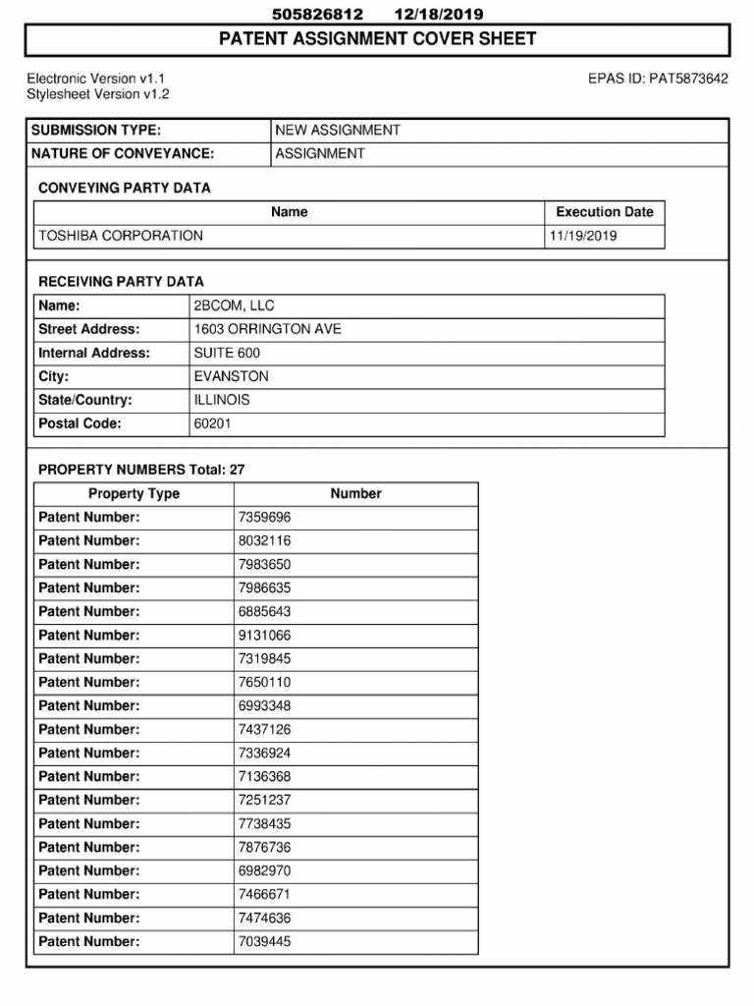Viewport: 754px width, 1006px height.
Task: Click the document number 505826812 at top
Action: pos(317,14)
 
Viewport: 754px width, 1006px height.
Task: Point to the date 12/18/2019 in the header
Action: pos(438,14)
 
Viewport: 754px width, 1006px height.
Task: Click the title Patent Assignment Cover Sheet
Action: pos(377,39)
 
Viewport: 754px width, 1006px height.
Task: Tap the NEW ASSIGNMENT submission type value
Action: pos(338,131)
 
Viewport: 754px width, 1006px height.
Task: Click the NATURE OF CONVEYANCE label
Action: pos(123,154)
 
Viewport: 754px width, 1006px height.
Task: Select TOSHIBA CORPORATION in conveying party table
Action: pos(121,236)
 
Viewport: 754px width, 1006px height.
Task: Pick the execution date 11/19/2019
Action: pos(583,236)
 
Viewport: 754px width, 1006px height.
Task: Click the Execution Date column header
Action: pos(604,212)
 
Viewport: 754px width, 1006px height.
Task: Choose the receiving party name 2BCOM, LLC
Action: pos(234,307)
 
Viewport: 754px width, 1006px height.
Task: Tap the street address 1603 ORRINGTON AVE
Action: pos(267,330)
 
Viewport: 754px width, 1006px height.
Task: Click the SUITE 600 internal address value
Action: pos(227,354)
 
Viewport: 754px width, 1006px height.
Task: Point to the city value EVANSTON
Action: pos(231,377)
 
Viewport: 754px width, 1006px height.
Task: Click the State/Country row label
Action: pos(84,401)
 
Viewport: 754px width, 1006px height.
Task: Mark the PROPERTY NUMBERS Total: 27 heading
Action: pos(141,471)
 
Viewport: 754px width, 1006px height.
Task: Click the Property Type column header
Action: pos(134,494)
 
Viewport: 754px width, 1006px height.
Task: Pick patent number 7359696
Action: pos(264,518)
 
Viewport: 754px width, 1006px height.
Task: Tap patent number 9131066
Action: pos(264,636)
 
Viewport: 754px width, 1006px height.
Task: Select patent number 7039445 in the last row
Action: pos(264,942)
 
